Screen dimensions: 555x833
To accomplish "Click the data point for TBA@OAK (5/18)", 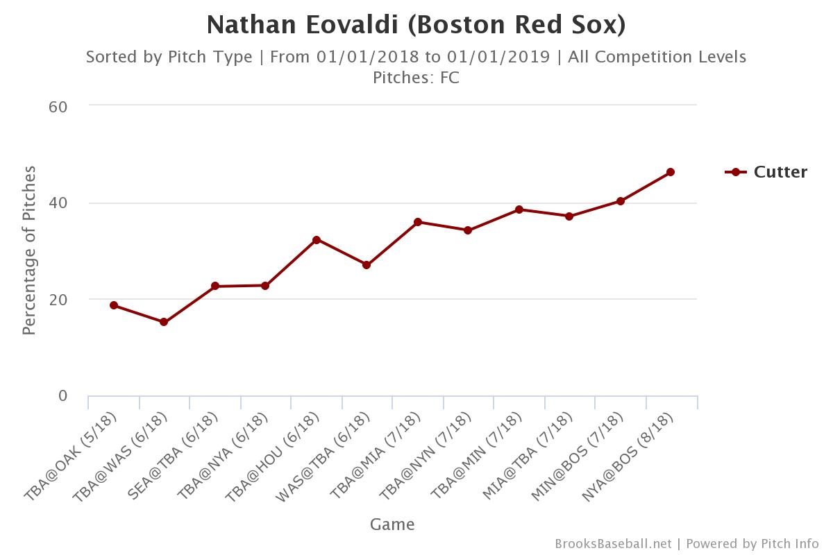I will pos(113,305).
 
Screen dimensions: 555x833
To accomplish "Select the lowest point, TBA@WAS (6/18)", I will pos(164,322).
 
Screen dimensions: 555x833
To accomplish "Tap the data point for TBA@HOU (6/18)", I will pos(317,240).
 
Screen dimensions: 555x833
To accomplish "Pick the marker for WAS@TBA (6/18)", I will pos(367,265).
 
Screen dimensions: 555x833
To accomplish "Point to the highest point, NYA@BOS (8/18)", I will pos(671,172).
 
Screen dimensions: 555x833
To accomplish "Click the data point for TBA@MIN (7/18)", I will pos(519,210).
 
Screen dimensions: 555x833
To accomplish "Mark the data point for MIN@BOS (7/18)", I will pos(621,201).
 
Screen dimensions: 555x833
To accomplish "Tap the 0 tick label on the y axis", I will pos(62,396).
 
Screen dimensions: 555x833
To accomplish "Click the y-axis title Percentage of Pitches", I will pos(29,250).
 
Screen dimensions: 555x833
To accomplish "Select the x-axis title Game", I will pos(392,524).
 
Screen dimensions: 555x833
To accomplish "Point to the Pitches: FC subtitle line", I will pos(416,77).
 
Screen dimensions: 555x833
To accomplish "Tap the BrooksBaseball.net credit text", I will pos(613,544).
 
